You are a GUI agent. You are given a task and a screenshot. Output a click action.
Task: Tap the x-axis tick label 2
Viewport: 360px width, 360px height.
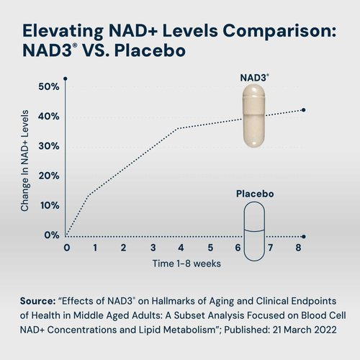(x=124, y=248)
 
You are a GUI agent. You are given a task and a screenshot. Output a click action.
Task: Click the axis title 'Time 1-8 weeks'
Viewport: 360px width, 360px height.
(x=186, y=264)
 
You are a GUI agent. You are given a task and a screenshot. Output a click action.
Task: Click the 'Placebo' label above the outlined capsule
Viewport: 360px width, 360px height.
(x=255, y=194)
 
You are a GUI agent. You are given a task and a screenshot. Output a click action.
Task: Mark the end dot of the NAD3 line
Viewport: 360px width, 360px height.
(x=304, y=110)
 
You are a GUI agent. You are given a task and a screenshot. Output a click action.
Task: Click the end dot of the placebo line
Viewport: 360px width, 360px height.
(x=304, y=236)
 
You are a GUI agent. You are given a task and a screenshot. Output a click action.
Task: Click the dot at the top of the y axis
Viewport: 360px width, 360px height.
(x=65, y=78)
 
